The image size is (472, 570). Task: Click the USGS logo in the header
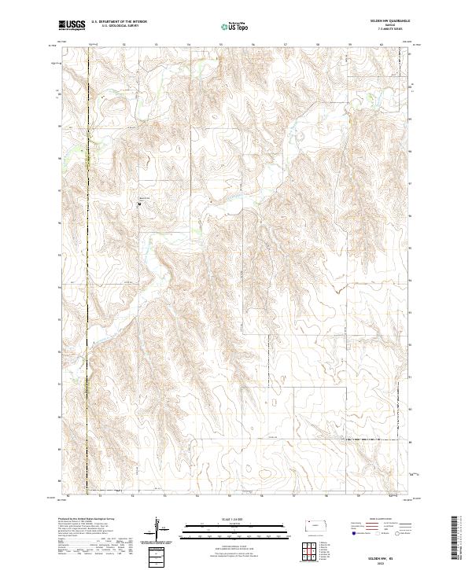coord(72,25)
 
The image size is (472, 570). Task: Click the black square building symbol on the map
coord(139,204)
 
